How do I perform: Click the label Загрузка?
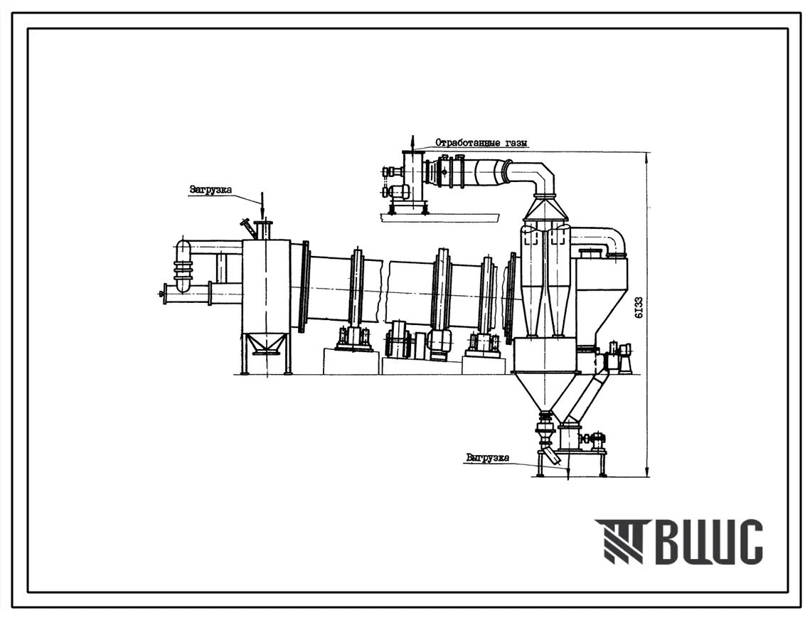pyautogui.click(x=211, y=190)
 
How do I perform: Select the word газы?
pyautogui.click(x=513, y=143)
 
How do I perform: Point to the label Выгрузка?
pyautogui.click(x=487, y=457)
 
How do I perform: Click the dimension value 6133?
pyautogui.click(x=639, y=307)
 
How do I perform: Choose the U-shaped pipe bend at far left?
pyautogui.click(x=183, y=265)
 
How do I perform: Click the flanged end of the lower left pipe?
pyautogui.click(x=165, y=294)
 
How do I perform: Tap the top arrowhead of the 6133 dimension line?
pyautogui.click(x=647, y=156)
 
